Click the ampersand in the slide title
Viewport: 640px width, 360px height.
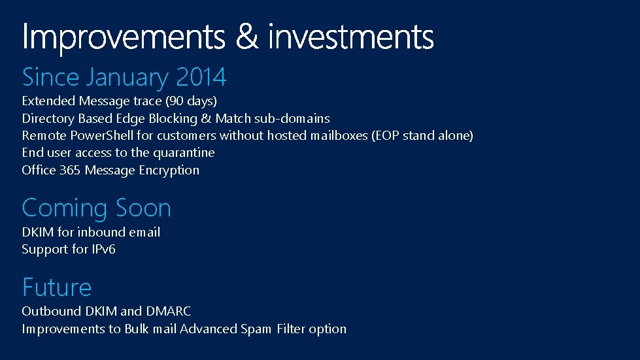[246, 37]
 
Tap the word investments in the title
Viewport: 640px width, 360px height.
[351, 37]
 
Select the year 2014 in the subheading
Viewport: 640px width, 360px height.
[201, 78]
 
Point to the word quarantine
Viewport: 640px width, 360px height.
[184, 153]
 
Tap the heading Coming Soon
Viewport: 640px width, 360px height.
[96, 208]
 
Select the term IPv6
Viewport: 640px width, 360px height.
[103, 250]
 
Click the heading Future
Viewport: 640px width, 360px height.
[57, 287]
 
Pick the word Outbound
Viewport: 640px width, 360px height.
[47, 312]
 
